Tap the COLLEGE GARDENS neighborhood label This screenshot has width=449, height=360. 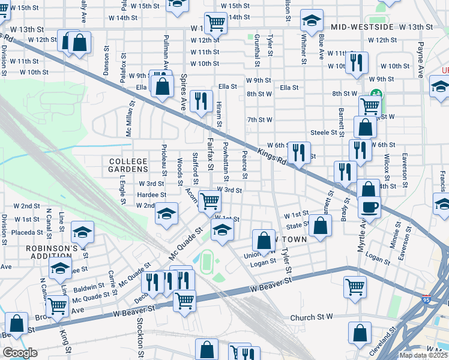128,166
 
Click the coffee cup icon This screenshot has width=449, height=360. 369,207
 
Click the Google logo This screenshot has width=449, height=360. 19,352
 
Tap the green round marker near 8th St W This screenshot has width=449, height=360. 376,94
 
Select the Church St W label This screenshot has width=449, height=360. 312,317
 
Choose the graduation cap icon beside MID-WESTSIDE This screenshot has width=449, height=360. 311,22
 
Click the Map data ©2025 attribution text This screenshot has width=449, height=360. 423,355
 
